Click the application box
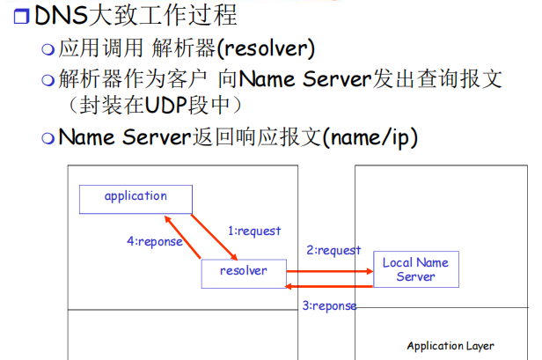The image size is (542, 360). (x=135, y=196)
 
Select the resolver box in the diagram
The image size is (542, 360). (x=243, y=272)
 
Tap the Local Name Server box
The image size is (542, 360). (x=415, y=269)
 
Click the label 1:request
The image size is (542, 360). (x=254, y=231)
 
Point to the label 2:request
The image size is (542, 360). (x=333, y=250)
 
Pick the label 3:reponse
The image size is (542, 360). (x=330, y=306)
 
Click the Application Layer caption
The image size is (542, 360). (x=450, y=346)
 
